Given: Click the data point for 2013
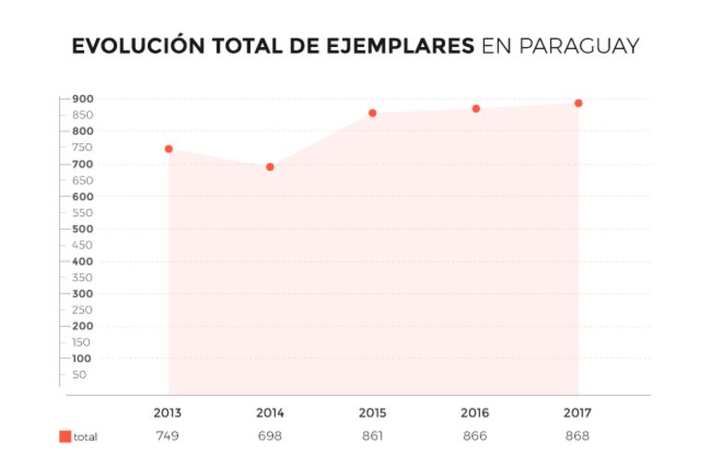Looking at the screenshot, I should coord(169,149).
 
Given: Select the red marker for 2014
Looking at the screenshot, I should coord(270,167).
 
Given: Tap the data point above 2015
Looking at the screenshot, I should coord(372,114).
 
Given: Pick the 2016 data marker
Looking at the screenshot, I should coord(476,109).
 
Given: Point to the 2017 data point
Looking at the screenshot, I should coord(578,103).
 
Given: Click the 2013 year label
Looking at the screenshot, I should coord(167,413).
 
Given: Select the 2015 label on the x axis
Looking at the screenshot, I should coord(372,413).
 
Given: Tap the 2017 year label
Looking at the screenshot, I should coord(577,413).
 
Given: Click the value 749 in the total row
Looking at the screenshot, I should coord(167,436).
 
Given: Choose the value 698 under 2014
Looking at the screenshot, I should coord(270,436).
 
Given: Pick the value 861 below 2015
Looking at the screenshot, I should coord(372,436).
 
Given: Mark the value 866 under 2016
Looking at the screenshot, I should coord(475,436).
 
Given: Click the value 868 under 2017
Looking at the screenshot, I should coord(577,436).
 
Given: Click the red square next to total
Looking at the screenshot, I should coord(65,437).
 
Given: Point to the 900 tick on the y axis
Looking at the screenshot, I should coord(82,99).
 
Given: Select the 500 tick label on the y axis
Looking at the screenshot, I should coord(82,229).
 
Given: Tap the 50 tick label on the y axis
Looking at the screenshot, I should coord(79,375).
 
